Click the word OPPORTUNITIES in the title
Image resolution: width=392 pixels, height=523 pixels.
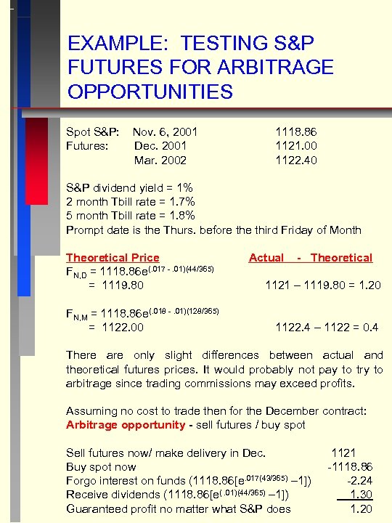coord(150,92)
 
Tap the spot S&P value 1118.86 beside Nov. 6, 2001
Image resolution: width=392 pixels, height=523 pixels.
coord(295,132)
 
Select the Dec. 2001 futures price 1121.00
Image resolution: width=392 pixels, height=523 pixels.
coord(295,146)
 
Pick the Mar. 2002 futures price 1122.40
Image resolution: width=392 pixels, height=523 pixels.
coord(295,160)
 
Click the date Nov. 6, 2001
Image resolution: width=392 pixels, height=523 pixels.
coord(165,132)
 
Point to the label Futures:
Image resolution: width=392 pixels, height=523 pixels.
coord(87,146)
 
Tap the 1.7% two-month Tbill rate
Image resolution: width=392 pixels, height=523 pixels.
coord(181,201)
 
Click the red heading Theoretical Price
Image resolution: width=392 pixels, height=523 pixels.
coord(113,257)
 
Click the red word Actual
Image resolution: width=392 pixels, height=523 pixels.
coord(266,257)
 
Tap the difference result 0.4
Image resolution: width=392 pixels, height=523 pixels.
coord(371,328)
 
